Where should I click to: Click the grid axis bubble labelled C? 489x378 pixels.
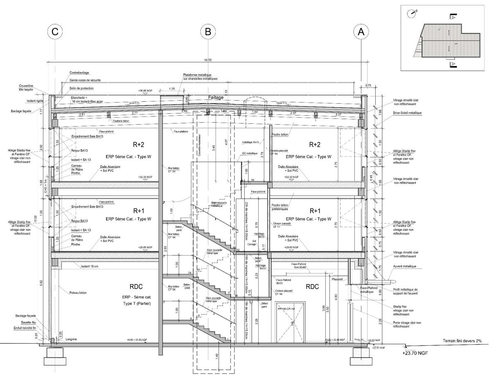[x=56, y=32]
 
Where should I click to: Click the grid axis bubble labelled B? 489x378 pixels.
[x=208, y=32]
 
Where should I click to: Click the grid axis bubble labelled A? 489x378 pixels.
[x=361, y=32]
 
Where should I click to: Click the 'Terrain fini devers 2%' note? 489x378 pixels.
[x=462, y=341]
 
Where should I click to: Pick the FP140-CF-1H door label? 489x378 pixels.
[x=287, y=308]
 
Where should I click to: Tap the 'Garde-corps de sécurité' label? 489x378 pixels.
[x=85, y=80]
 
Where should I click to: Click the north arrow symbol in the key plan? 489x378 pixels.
[x=411, y=13]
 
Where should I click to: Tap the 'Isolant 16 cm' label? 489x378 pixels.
[x=90, y=266]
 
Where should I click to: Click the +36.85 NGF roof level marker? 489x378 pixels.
[x=146, y=91]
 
